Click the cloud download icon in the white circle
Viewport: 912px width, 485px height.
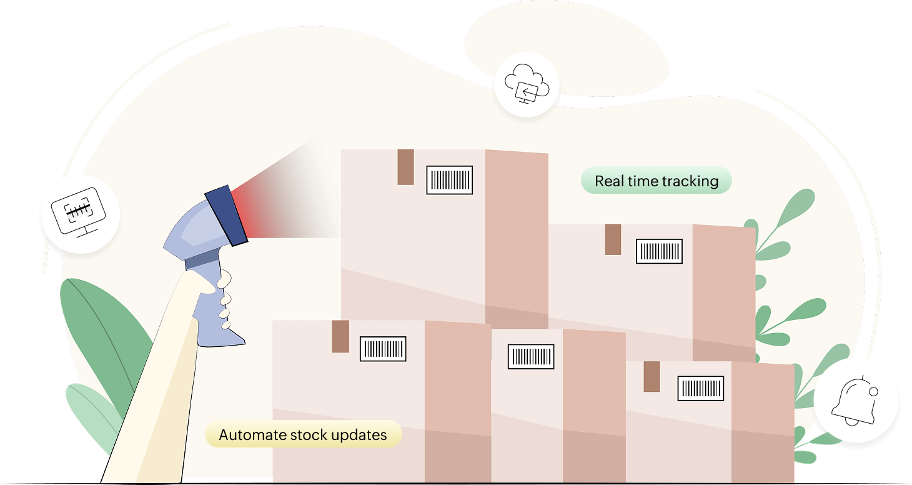click(x=526, y=85)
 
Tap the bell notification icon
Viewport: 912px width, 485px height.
click(x=856, y=400)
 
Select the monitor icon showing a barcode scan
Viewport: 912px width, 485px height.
click(x=79, y=212)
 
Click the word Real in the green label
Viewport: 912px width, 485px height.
click(x=608, y=181)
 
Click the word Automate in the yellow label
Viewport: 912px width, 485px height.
click(x=252, y=435)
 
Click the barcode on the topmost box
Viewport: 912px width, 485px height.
click(x=450, y=180)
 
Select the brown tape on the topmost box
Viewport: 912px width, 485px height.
click(x=405, y=167)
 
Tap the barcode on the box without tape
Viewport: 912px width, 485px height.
click(x=531, y=356)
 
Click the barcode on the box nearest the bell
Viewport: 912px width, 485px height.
click(x=701, y=388)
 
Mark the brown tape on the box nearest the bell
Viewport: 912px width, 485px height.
click(x=652, y=376)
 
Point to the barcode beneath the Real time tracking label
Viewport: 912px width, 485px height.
click(x=659, y=251)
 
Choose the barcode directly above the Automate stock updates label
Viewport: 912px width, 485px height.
click(x=383, y=349)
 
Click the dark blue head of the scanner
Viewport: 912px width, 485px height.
click(x=226, y=214)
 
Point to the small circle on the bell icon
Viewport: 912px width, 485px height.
click(x=873, y=392)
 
